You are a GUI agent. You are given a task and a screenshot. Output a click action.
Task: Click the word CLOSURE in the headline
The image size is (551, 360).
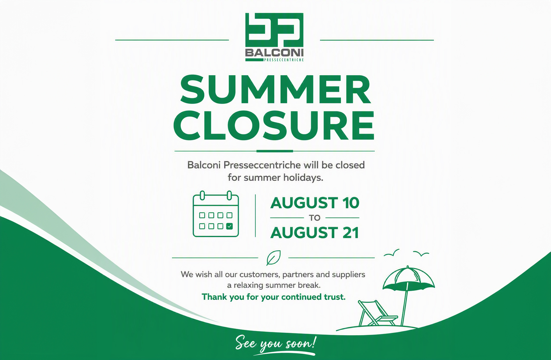pyautogui.click(x=274, y=125)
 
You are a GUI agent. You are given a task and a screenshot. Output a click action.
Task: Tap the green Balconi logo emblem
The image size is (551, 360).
pyautogui.click(x=274, y=30)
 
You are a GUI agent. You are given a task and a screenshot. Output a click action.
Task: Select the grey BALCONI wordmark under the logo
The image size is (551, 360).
pyautogui.click(x=274, y=53)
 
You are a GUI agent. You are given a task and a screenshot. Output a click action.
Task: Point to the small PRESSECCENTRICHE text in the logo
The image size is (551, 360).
pyautogui.click(x=284, y=60)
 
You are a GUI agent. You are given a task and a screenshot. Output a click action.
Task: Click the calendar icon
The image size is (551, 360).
pyautogui.click(x=216, y=214)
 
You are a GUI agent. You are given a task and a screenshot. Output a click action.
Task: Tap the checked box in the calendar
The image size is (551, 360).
pyautogui.click(x=229, y=226)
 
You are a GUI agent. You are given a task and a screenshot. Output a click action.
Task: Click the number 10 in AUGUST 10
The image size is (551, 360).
pyautogui.click(x=351, y=203)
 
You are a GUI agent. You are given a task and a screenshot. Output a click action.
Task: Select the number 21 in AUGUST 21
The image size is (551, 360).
pyautogui.click(x=351, y=233)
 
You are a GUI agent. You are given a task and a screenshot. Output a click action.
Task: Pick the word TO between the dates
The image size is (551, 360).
pyautogui.click(x=315, y=218)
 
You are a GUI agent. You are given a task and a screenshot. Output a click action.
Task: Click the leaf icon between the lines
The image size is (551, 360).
pyautogui.click(x=273, y=258)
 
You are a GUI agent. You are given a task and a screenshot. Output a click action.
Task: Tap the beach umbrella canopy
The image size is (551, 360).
pyautogui.click(x=409, y=278)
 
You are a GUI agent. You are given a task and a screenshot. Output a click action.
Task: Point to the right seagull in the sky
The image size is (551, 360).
pyautogui.click(x=421, y=253)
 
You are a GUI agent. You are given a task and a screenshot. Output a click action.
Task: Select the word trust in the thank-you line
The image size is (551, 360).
pyautogui.click(x=335, y=297)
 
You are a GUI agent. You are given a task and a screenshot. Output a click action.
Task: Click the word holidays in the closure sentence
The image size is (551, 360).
pyautogui.click(x=303, y=178)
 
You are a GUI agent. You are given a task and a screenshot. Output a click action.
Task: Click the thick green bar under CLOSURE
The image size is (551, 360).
pyautogui.click(x=275, y=151)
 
